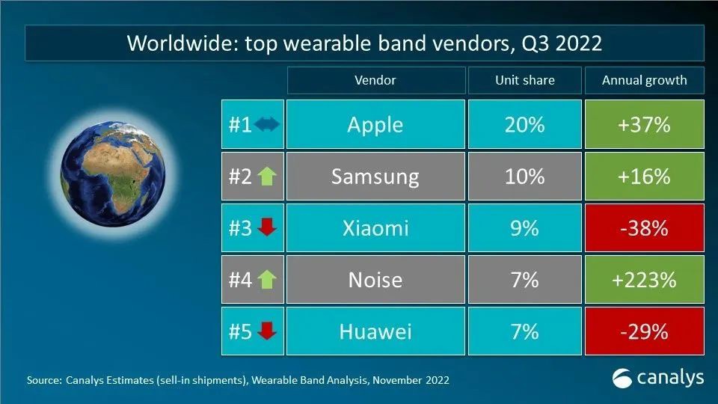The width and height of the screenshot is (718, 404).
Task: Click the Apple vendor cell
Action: pyautogui.click(x=375, y=124)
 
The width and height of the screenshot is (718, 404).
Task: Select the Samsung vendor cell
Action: pyautogui.click(x=375, y=177)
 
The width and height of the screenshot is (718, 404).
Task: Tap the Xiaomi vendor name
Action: pyautogui.click(x=375, y=228)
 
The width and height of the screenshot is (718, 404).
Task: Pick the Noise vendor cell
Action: pyautogui.click(x=375, y=279)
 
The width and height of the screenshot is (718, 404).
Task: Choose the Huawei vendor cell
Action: pyautogui.click(x=375, y=331)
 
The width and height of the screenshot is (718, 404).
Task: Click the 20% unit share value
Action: pyautogui.click(x=525, y=125)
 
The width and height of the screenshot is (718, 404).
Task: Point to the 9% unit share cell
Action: pyautogui.click(x=525, y=228)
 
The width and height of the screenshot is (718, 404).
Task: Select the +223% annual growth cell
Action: pyautogui.click(x=644, y=279)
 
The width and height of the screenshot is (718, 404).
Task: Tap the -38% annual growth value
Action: pyautogui.click(x=644, y=228)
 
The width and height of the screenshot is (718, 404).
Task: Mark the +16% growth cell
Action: pyautogui.click(x=644, y=177)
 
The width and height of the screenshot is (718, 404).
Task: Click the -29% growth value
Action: pyautogui.click(x=644, y=331)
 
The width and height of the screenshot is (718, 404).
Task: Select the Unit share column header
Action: pyautogui.click(x=525, y=80)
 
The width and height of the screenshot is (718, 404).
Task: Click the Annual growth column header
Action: pyautogui.click(x=644, y=80)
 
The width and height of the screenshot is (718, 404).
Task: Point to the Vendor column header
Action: pyautogui.click(x=376, y=80)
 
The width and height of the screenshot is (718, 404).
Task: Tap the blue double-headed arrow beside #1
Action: pyautogui.click(x=266, y=124)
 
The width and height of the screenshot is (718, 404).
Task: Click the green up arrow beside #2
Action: pyautogui.click(x=267, y=177)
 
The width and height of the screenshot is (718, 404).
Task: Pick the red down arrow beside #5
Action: pyautogui.click(x=267, y=331)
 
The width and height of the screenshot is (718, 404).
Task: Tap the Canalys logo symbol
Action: pyautogui.click(x=622, y=379)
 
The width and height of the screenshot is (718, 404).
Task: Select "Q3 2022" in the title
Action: pyautogui.click(x=562, y=43)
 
